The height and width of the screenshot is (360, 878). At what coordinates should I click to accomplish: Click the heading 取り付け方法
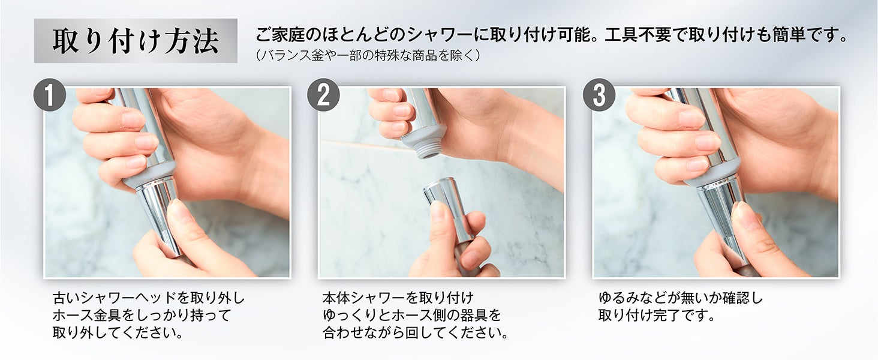[x=136, y=41]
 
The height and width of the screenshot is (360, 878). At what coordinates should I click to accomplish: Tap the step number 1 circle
[x=49, y=95]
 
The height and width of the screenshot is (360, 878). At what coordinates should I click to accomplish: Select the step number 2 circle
[x=323, y=95]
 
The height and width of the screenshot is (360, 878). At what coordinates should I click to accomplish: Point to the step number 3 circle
[x=599, y=95]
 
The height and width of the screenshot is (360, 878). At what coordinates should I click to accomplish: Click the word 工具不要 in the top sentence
[x=638, y=35]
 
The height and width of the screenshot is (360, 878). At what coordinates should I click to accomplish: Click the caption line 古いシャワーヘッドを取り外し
[x=148, y=298]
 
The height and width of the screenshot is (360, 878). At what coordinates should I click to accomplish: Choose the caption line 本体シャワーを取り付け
[x=398, y=298]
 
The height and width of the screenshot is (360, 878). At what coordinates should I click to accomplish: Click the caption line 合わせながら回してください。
[x=415, y=332]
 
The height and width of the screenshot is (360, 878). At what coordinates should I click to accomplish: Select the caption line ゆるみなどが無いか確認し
[x=681, y=298]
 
